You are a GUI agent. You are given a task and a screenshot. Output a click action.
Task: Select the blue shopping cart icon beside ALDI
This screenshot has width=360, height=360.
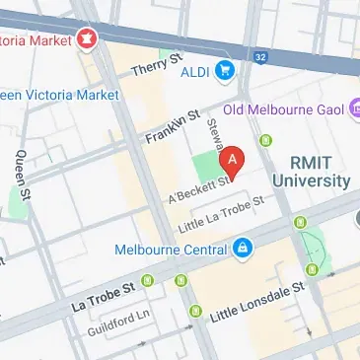(225, 69)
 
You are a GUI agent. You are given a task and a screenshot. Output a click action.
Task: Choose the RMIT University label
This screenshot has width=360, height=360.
(319, 171)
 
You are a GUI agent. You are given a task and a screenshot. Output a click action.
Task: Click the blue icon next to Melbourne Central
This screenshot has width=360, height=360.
(241, 248)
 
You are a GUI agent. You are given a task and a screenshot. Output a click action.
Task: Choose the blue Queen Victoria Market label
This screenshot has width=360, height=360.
(59, 96)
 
